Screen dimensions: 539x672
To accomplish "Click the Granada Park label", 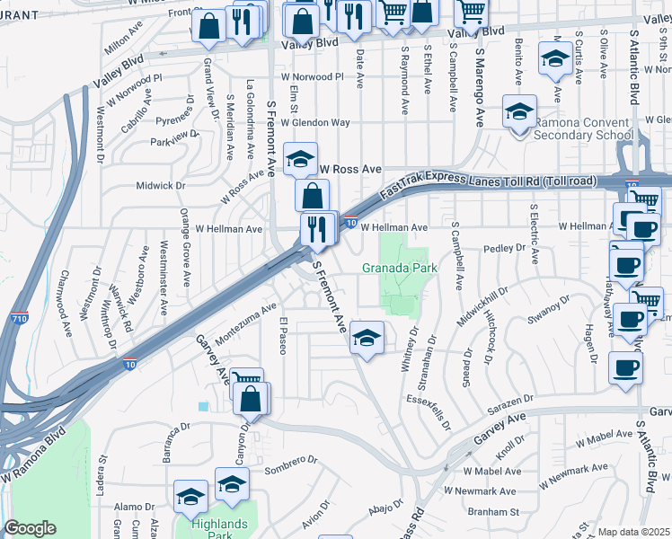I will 399,268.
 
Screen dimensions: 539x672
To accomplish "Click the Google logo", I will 30,528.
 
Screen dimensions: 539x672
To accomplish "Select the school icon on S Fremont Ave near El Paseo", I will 367,338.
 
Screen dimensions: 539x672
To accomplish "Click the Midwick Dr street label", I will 160,186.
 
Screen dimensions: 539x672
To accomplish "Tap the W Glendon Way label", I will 314,122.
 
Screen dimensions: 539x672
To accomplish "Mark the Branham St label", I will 493,511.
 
